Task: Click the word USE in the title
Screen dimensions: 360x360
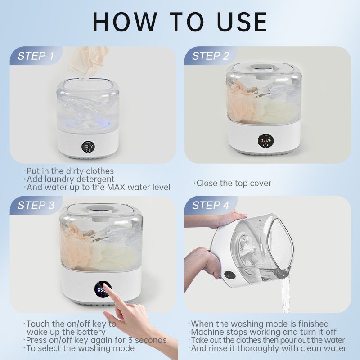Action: click(x=242, y=22)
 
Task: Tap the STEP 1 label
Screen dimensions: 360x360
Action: click(x=36, y=56)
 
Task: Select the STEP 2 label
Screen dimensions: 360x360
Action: click(x=211, y=56)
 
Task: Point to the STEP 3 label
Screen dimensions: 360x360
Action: click(x=36, y=205)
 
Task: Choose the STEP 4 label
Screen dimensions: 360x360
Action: click(x=211, y=205)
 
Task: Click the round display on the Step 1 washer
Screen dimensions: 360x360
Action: click(x=88, y=147)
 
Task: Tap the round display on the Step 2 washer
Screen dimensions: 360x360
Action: click(x=265, y=141)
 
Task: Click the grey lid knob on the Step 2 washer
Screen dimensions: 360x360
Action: click(x=263, y=67)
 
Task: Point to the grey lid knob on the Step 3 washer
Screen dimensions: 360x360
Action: click(x=100, y=208)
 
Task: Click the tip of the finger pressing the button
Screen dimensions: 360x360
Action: click(x=104, y=285)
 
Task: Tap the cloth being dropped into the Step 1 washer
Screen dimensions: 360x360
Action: click(x=88, y=62)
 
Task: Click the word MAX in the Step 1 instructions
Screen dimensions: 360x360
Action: click(x=116, y=187)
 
